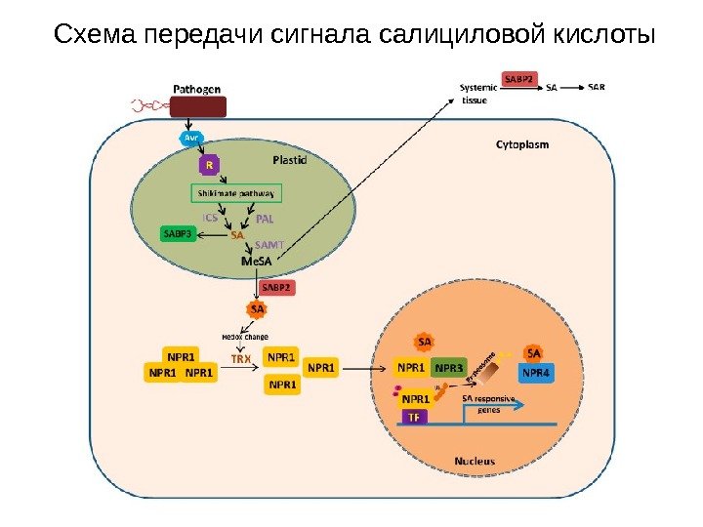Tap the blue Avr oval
[192, 138]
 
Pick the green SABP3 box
[179, 233]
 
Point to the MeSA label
[256, 263]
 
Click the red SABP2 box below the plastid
[275, 288]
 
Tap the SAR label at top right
[597, 87]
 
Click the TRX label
[241, 358]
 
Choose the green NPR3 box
[449, 368]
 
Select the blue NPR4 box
[535, 372]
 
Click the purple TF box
[414, 417]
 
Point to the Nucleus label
[475, 460]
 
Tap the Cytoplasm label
[522, 144]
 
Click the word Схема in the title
[95, 35]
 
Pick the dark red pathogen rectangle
[198, 106]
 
